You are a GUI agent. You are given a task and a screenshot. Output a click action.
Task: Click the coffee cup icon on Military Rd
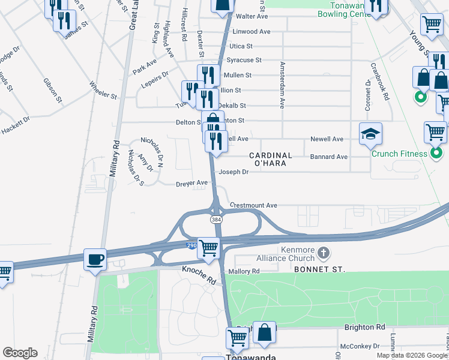coord(95,259)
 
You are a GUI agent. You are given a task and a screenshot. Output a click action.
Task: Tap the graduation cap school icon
coord(370,134)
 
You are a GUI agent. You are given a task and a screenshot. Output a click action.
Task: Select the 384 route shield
coord(216,220)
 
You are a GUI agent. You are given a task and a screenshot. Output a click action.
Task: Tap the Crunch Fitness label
coord(399,154)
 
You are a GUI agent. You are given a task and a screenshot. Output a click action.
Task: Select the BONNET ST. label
coord(319,271)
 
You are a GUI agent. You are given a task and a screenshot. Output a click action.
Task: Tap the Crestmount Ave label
coord(253,205)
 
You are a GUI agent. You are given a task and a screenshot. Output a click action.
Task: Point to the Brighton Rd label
coord(364,327)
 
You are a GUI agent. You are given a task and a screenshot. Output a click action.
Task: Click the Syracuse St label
coord(244,60)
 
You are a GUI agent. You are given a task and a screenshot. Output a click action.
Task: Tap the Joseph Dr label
coord(234,172)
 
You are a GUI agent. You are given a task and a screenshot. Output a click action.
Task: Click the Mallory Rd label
coord(244,271)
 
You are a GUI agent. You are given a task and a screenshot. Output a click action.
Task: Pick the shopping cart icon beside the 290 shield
coord(208,247)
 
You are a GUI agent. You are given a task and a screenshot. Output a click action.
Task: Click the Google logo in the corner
coord(20,353)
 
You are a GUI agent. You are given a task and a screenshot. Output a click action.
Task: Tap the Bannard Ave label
coord(329,157)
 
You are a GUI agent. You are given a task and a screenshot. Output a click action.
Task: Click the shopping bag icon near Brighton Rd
coord(264,333)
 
